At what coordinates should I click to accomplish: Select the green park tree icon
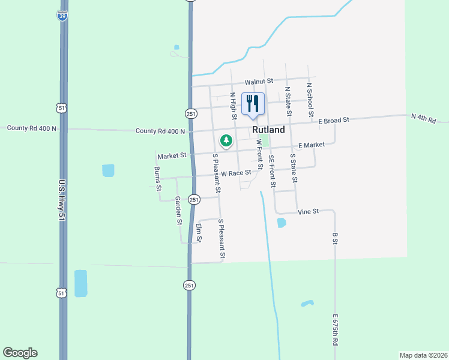click(x=226, y=141)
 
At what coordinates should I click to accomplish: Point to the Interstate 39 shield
click(x=63, y=16)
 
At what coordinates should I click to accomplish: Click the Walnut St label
click(x=259, y=81)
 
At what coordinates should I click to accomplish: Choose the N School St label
click(x=310, y=99)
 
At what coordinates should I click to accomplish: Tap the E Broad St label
click(x=334, y=121)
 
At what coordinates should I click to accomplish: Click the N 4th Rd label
click(x=423, y=118)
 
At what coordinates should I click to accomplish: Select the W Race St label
click(x=235, y=173)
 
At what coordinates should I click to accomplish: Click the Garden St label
click(x=178, y=210)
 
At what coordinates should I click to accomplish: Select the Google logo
click(x=20, y=353)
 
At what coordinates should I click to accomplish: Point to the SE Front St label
click(x=271, y=171)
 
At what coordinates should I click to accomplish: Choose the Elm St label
click(x=200, y=233)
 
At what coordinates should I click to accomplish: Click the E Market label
click(x=312, y=145)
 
